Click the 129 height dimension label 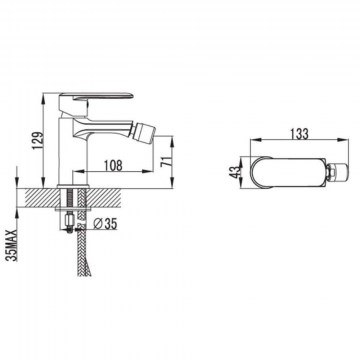click(39, 141)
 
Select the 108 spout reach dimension click(113, 165)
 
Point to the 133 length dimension click(299, 134)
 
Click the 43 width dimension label click(236, 172)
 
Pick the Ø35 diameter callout click(105, 224)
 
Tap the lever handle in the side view click(96, 97)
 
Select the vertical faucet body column click(73, 150)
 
